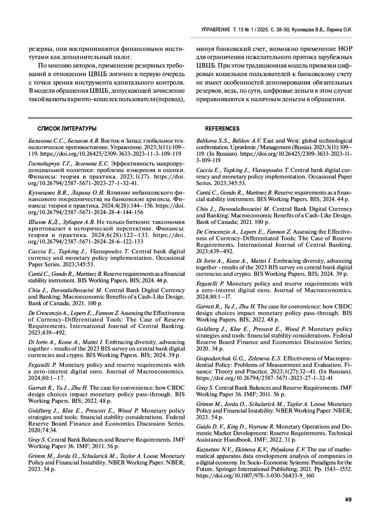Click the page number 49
pyautogui.click(x=348, y=500)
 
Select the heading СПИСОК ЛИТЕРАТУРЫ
pyautogui.click(x=67, y=129)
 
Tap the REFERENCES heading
pyautogui.click(x=222, y=129)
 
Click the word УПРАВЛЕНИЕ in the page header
pyautogui.click(x=216, y=30)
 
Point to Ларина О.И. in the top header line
pyautogui.click(x=340, y=30)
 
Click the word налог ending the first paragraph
pyautogui.click(x=122, y=57)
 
